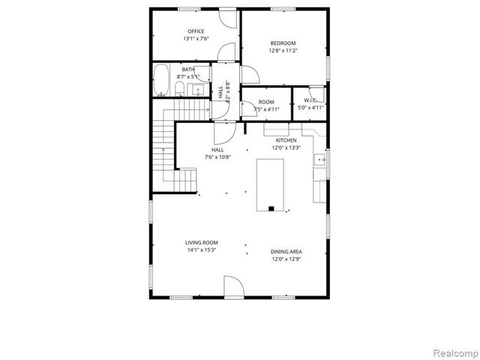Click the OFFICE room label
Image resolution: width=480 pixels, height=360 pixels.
196,31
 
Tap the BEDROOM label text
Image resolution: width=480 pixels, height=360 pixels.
283,43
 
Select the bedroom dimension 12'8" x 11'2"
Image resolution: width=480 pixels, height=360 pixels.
283,50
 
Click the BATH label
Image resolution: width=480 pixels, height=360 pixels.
187,69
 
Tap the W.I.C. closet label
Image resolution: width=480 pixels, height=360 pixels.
311,100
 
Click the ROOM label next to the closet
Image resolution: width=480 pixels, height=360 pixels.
266,102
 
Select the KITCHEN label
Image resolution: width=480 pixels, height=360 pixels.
286,140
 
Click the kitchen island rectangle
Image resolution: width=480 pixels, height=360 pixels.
270,183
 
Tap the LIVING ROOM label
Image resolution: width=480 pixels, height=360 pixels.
202,242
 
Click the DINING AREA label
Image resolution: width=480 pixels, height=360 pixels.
286,252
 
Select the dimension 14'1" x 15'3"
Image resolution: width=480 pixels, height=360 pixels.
202,250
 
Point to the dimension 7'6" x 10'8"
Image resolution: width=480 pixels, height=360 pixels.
217,157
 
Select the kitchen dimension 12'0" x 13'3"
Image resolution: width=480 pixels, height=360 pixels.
286,148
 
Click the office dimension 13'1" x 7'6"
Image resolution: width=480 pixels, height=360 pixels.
196,38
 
